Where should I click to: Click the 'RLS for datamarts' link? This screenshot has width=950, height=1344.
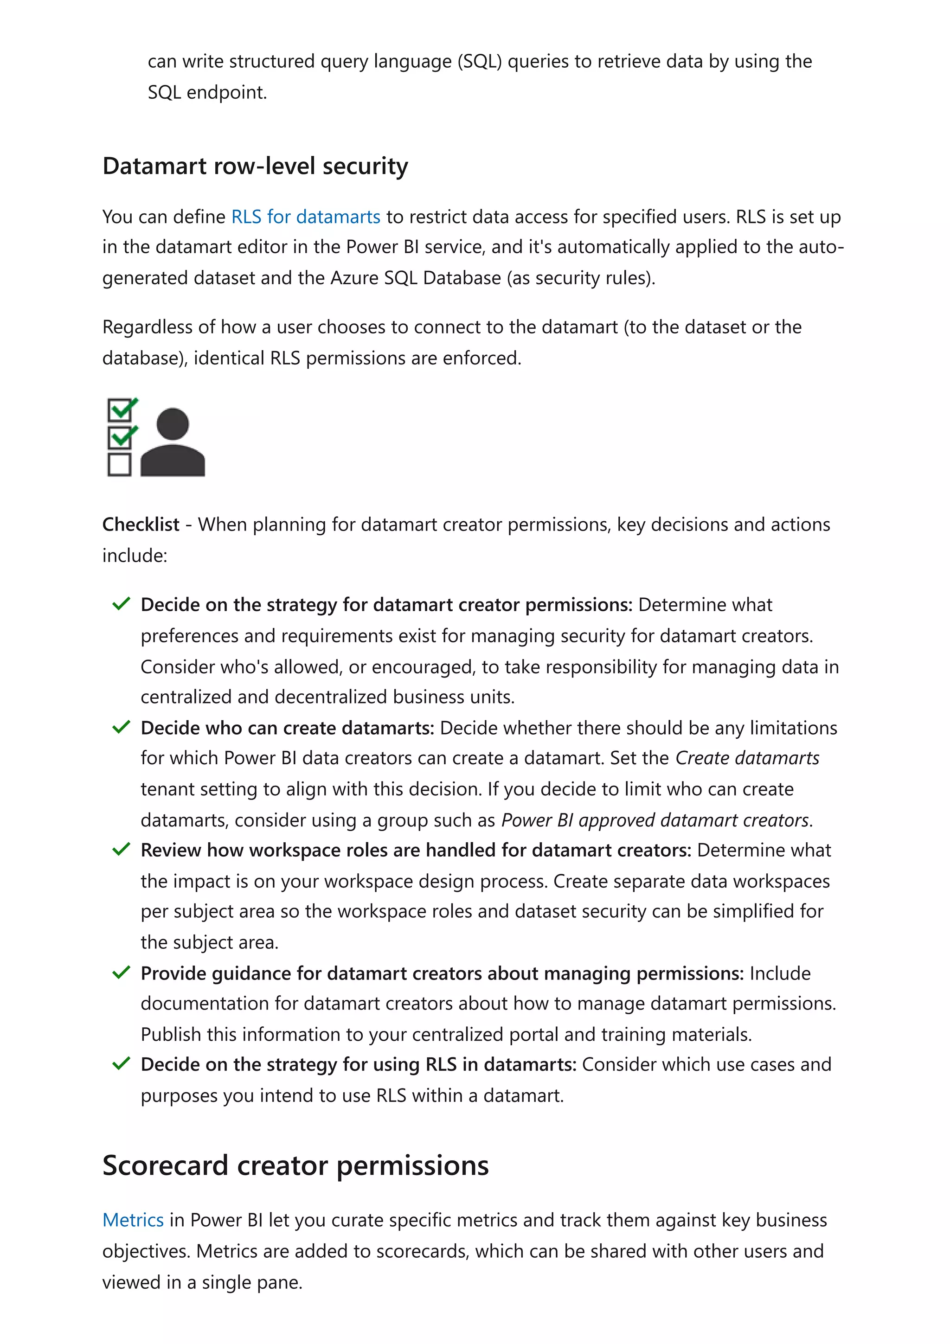pos(306,217)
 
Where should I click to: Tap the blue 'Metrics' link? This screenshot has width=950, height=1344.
pos(133,1220)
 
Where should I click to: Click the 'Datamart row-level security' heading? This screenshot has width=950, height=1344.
pos(255,166)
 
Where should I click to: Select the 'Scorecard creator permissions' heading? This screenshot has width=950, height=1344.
pos(295,1165)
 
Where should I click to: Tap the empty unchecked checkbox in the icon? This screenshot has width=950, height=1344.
pos(119,464)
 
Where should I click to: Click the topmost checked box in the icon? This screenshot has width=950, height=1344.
pos(120,410)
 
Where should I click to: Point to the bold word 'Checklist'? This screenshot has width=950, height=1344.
pos(141,525)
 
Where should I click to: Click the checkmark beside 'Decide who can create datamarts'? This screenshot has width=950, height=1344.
pos(121,727)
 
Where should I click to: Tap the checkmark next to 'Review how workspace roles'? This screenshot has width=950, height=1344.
pos(121,849)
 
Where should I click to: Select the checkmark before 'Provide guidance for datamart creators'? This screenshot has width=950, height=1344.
pos(121,973)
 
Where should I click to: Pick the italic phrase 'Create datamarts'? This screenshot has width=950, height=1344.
pos(747,758)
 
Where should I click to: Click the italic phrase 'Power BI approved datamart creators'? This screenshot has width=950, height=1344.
pos(655,820)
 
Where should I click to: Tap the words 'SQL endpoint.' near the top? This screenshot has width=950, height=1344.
pos(207,92)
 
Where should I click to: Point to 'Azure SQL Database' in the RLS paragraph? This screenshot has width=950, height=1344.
pos(416,277)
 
